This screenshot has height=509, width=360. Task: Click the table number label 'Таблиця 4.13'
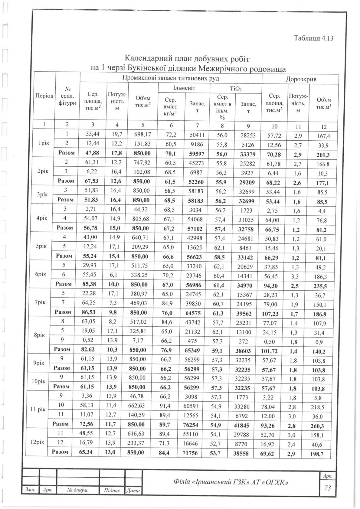point(313,38)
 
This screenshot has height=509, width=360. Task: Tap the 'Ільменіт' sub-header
point(184,88)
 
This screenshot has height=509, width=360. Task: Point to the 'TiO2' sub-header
point(236,89)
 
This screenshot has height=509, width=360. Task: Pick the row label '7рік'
point(40,302)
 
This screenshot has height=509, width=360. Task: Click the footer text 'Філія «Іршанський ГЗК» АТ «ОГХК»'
point(231,481)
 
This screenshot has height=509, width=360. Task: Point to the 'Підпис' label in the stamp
point(112,490)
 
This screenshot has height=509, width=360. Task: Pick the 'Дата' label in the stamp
point(133,490)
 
